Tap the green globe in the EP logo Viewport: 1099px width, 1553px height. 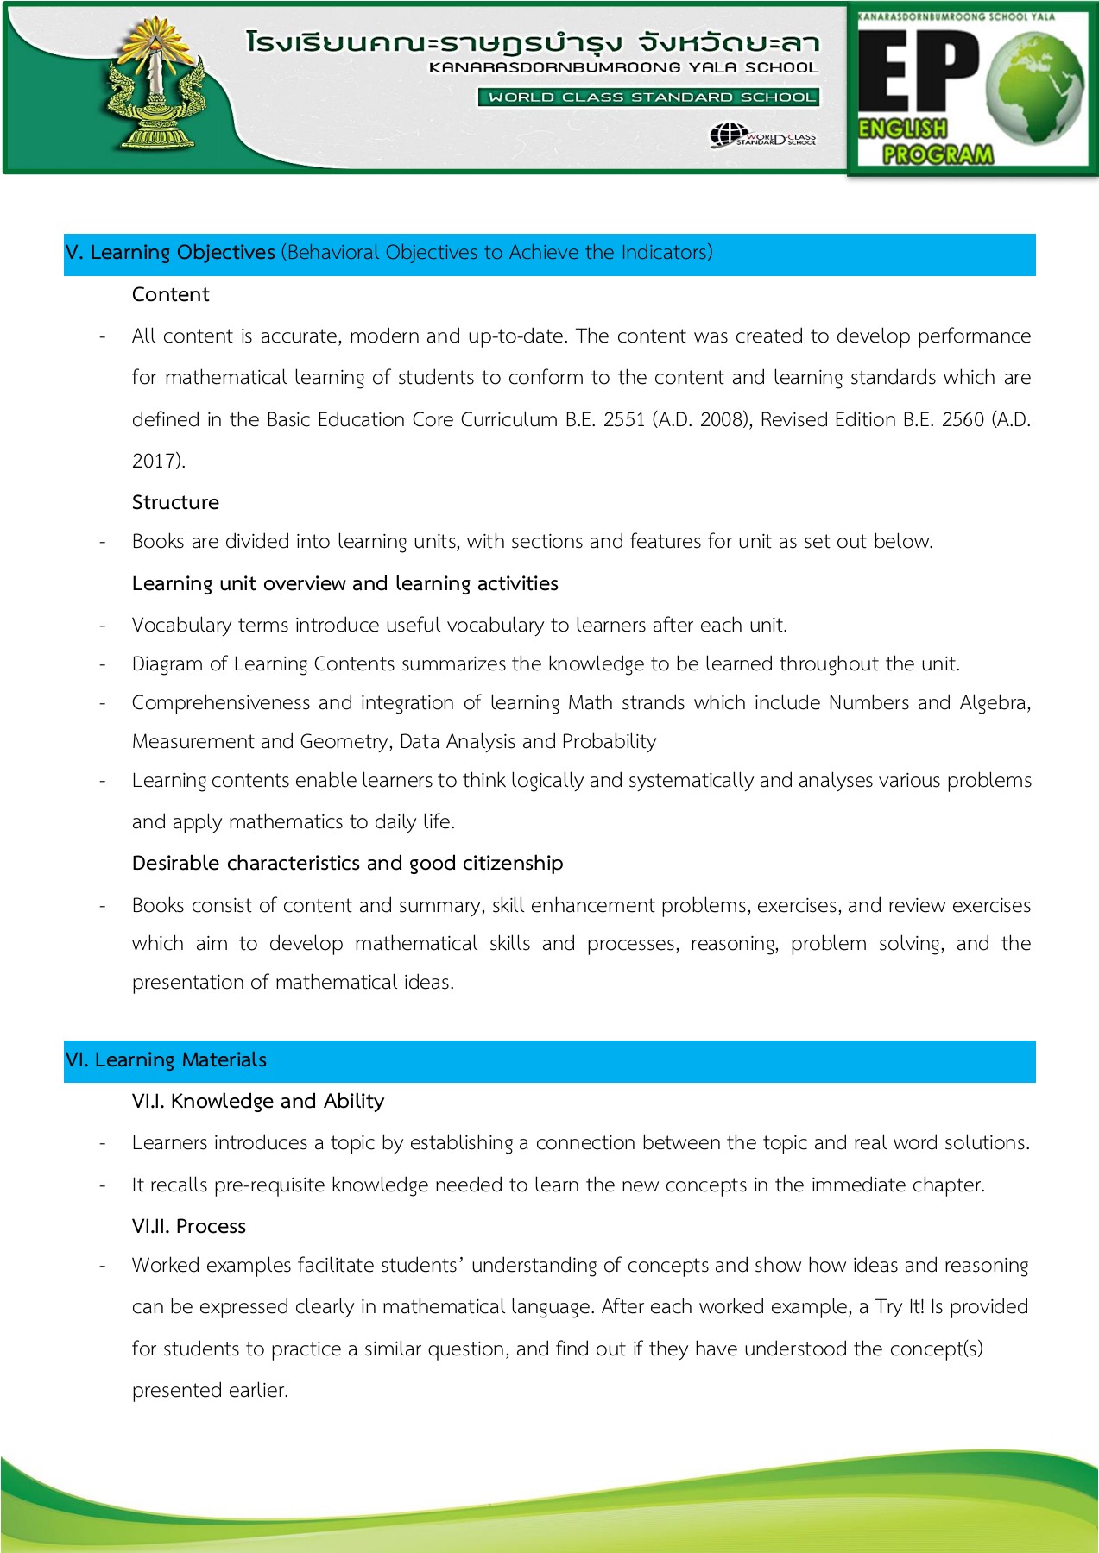[x=1037, y=87]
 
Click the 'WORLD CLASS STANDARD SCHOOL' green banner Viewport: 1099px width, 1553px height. [x=648, y=97]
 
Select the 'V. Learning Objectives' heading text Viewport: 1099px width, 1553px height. [x=170, y=253]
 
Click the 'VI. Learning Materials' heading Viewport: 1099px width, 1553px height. [x=166, y=1060]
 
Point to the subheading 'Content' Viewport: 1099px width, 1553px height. [x=170, y=295]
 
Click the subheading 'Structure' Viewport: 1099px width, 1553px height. [x=175, y=503]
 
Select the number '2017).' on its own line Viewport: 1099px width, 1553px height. [x=158, y=461]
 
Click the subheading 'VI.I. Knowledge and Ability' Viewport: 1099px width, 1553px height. [x=257, y=1102]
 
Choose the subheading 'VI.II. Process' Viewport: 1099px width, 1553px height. [x=188, y=1227]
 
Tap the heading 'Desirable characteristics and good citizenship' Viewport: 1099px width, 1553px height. [x=347, y=864]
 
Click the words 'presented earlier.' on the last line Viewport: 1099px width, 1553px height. [x=210, y=1391]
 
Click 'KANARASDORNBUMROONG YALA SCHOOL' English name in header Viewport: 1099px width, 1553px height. [x=623, y=67]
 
